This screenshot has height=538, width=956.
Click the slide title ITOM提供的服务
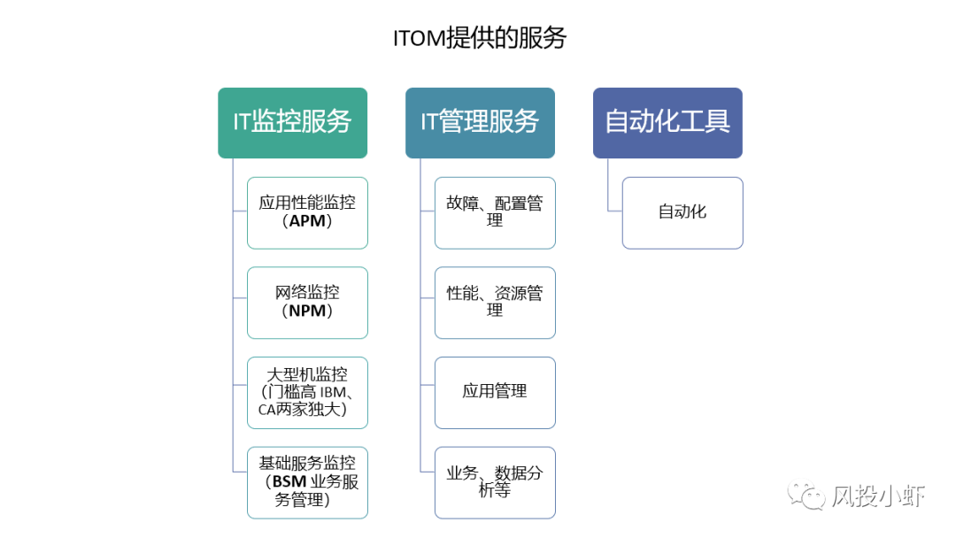coord(479,38)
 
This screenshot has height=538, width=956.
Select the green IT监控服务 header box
coord(292,122)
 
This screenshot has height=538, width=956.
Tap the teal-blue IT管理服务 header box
coord(480,122)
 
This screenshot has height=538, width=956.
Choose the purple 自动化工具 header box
coord(667,122)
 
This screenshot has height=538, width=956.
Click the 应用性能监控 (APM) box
coord(307,212)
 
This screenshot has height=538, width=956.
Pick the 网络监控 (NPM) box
coord(307,303)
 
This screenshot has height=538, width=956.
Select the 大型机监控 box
coord(307,392)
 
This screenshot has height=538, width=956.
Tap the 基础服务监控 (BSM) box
coord(307,482)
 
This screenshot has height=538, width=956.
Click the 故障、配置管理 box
coord(495,212)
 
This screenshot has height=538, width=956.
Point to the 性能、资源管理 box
coord(495,303)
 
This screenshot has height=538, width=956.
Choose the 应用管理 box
coord(495,392)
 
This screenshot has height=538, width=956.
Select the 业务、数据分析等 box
coord(495,482)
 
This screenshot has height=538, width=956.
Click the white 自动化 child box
coord(682,212)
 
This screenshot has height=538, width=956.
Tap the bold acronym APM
coord(307,221)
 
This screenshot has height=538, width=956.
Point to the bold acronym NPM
coord(307,311)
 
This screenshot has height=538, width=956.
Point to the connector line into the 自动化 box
coord(614,211)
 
